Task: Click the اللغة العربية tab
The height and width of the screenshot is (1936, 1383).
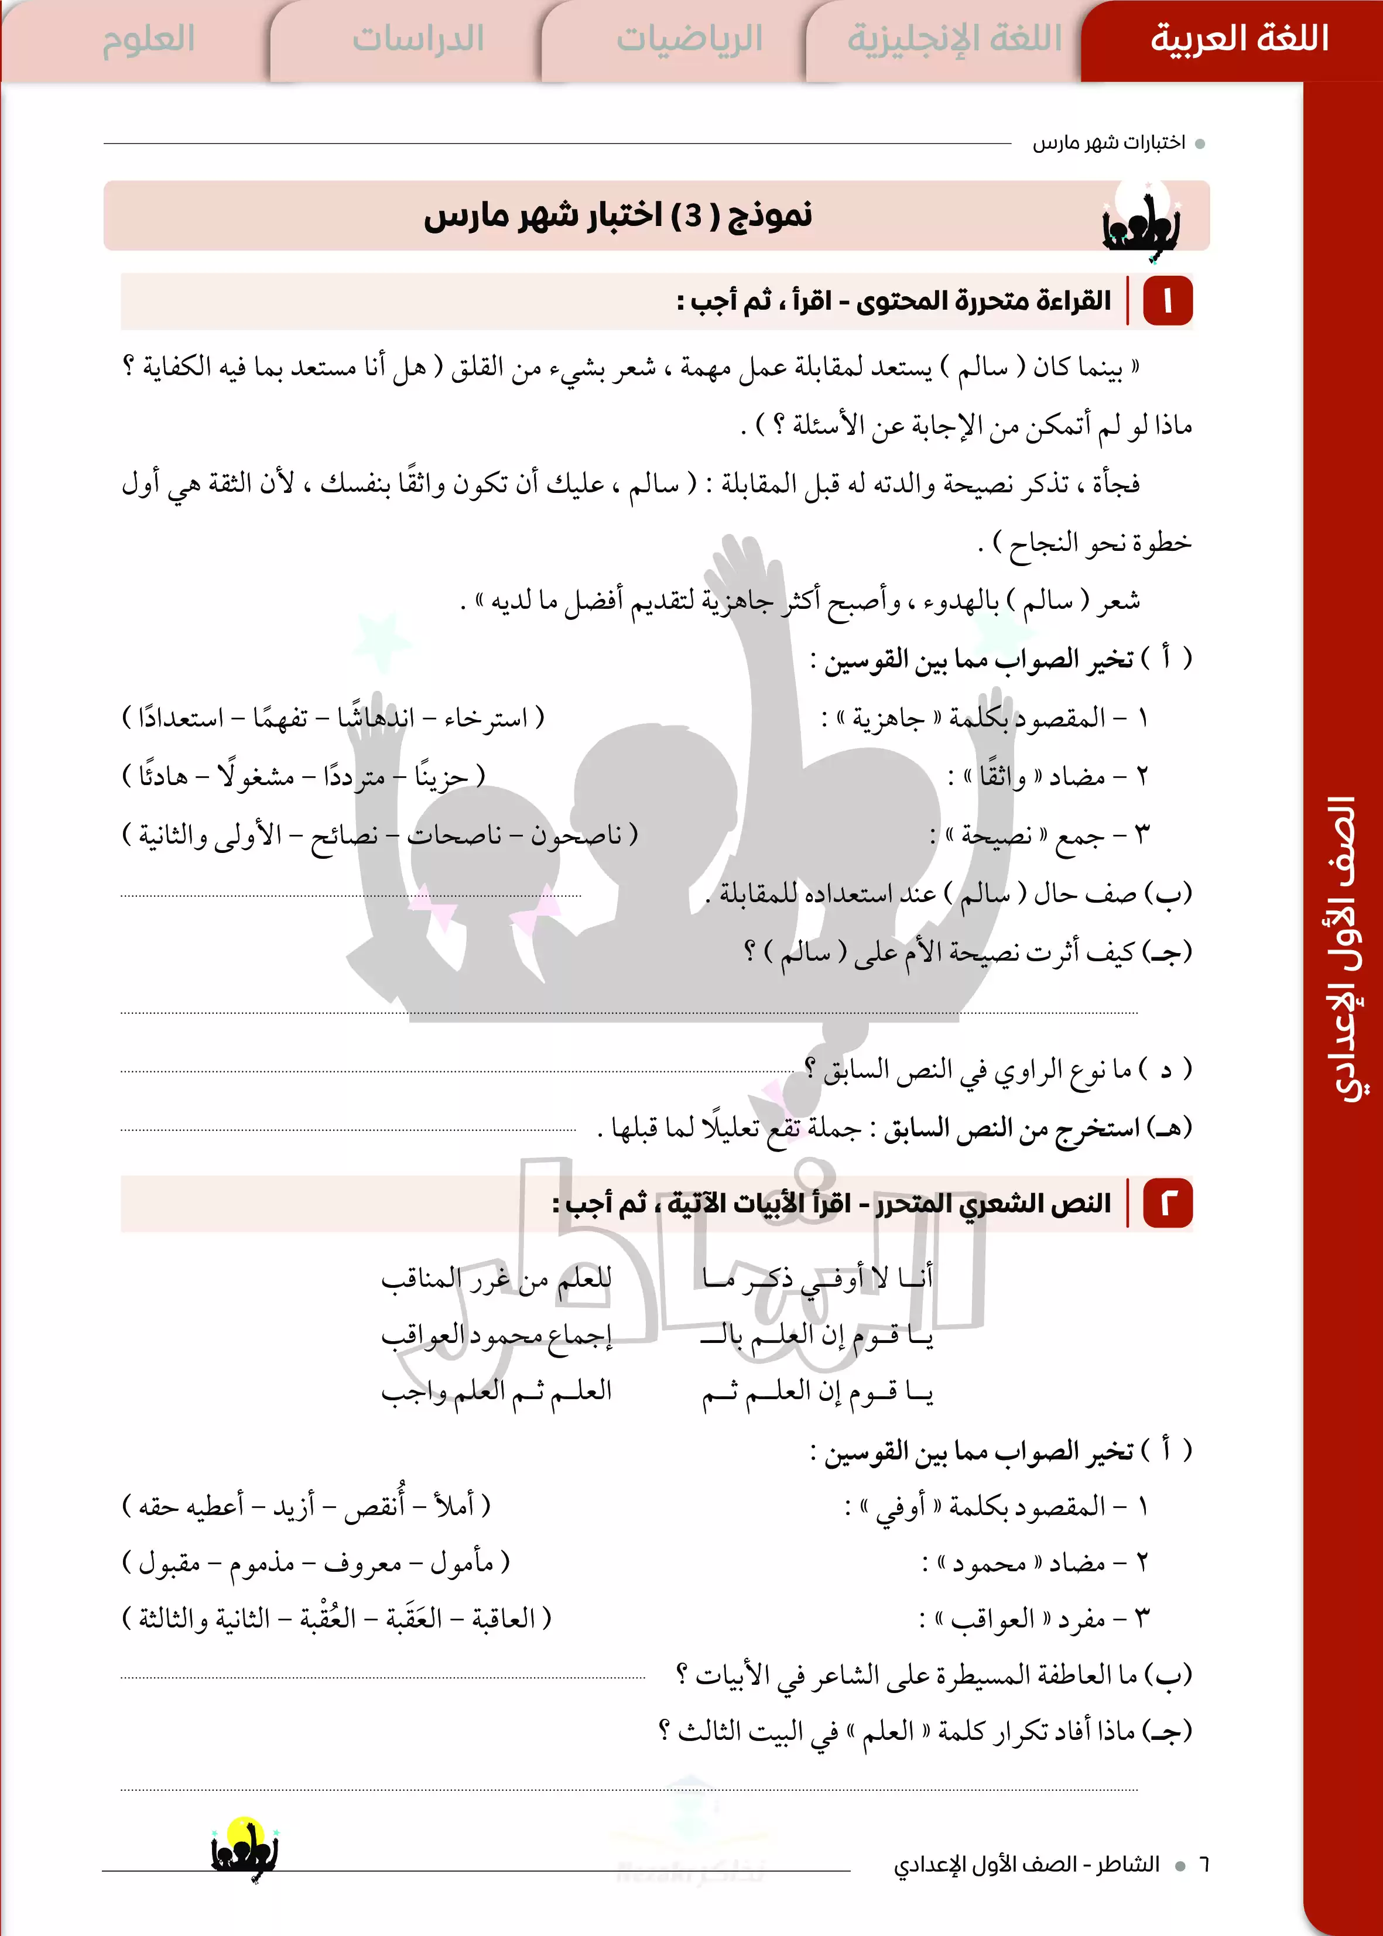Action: click(x=1238, y=39)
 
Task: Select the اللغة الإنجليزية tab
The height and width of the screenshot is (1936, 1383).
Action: click(x=954, y=39)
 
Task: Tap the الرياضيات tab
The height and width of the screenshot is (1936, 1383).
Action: click(x=689, y=39)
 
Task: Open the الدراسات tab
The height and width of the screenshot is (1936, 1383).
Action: click(x=417, y=39)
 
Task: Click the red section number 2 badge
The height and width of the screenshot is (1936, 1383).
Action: click(x=1167, y=1203)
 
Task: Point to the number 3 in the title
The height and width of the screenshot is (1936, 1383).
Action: click(x=694, y=216)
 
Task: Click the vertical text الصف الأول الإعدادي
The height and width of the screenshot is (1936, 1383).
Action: click(x=1345, y=950)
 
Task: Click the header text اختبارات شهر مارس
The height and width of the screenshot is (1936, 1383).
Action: click(x=1109, y=143)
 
